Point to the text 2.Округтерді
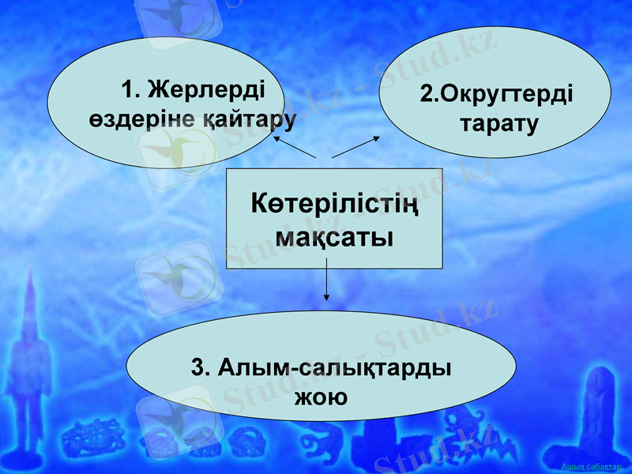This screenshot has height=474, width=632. click(497, 94)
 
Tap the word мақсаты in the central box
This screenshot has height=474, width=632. click(335, 236)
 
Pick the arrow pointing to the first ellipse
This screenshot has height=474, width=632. click(295, 146)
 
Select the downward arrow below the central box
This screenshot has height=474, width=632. click(326, 284)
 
